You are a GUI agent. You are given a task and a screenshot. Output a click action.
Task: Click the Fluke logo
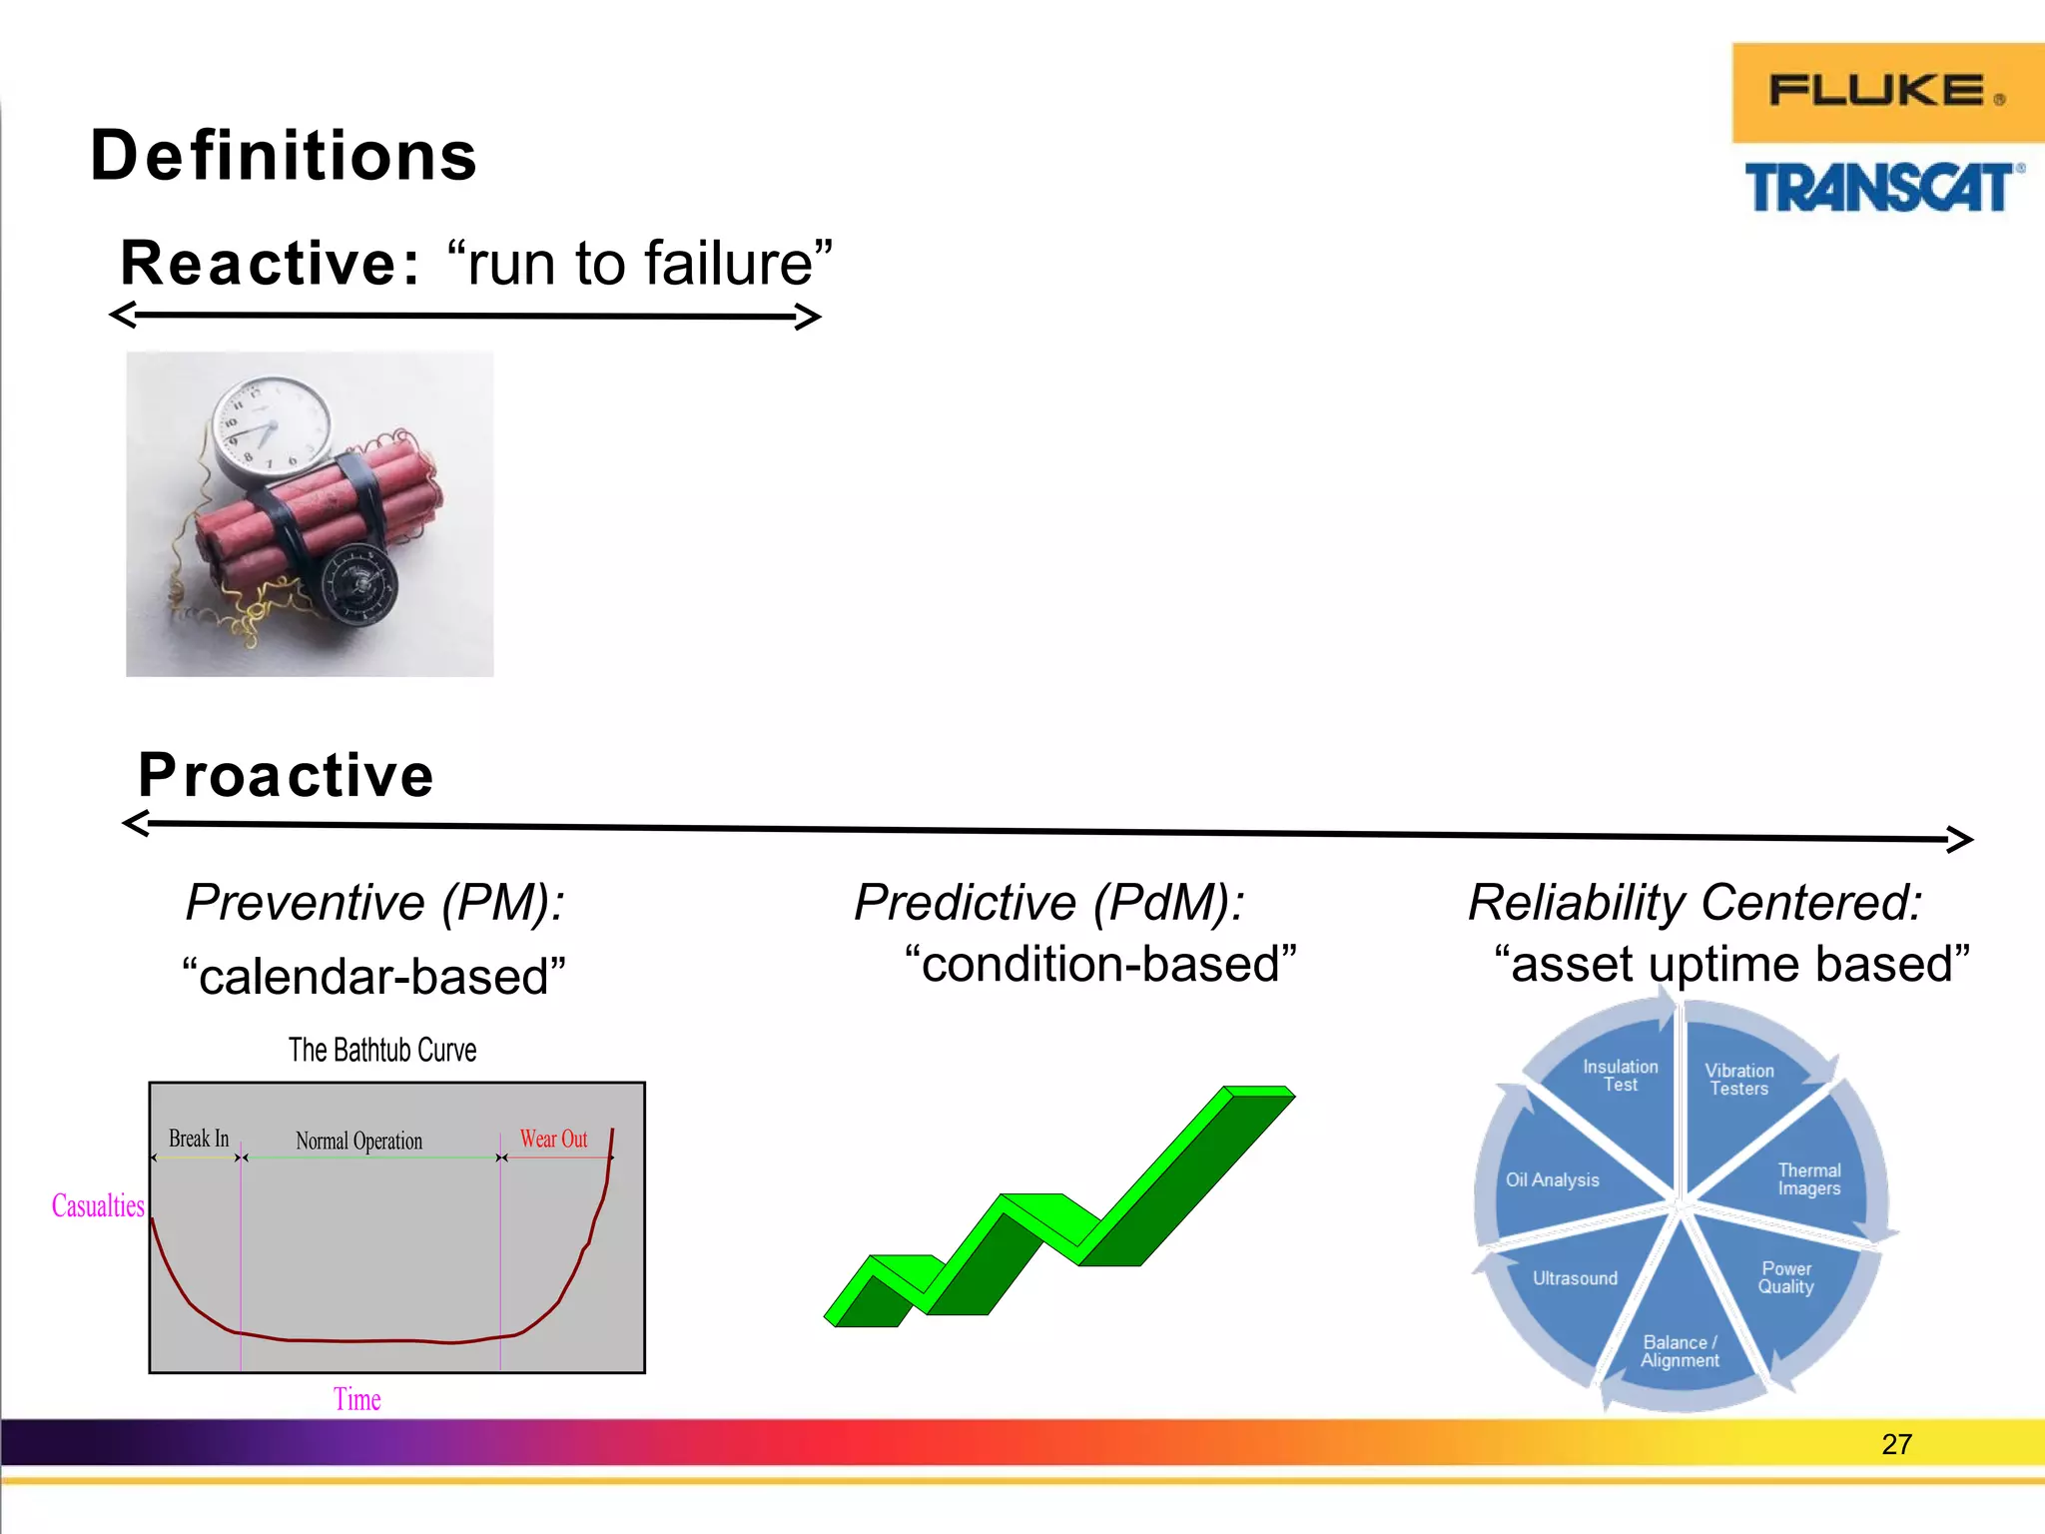[1886, 92]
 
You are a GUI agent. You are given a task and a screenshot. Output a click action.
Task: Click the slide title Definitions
[284, 157]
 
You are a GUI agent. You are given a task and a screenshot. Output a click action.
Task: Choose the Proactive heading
[287, 775]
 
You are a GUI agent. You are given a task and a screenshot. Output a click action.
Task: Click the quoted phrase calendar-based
[373, 976]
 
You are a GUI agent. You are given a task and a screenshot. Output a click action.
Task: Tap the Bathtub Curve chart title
[382, 1051]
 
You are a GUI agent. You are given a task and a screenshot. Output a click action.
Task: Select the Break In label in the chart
[199, 1139]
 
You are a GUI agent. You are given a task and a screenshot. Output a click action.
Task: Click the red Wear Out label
[553, 1140]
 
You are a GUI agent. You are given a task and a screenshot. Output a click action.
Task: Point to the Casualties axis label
[98, 1205]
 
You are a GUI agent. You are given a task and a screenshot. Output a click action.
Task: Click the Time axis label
[356, 1399]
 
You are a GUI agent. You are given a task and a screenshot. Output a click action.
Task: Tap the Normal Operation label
[358, 1141]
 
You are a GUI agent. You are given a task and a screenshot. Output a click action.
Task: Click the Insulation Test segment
[1620, 1076]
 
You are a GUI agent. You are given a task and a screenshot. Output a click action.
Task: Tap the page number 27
[1895, 1444]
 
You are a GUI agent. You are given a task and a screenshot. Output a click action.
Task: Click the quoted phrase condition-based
[1099, 965]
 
